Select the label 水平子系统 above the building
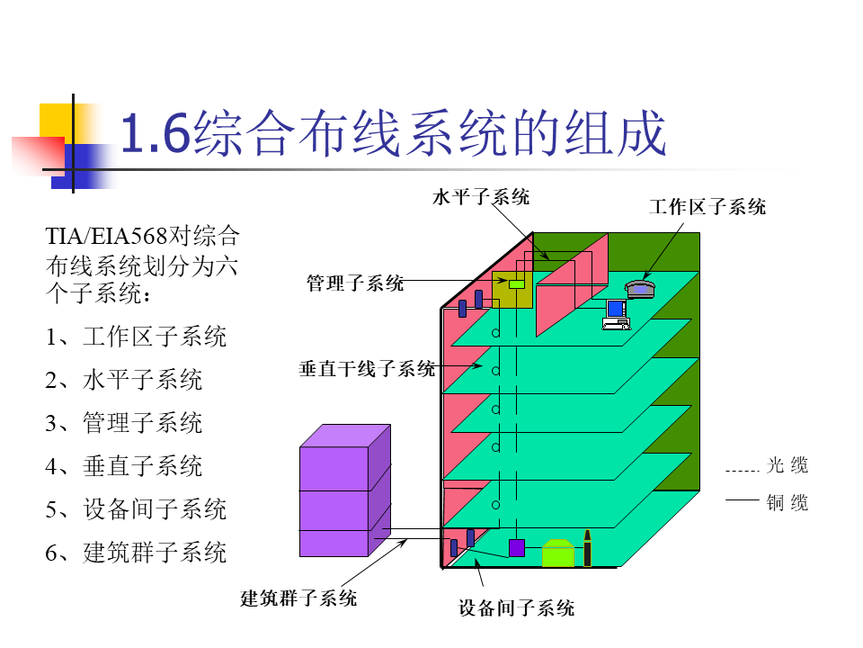coord(481,197)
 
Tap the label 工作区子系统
coord(707,207)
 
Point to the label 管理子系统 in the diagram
coord(355,283)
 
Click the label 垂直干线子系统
coord(367,369)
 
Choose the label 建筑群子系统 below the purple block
coord(298,598)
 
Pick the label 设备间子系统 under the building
coord(517,608)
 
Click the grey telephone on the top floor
coord(642,288)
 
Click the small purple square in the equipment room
coord(517,547)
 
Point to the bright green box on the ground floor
coord(557,553)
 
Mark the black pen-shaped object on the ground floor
coord(587,548)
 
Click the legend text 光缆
coord(787,465)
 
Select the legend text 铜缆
coord(787,503)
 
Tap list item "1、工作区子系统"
coord(136,337)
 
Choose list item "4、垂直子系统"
coord(124,466)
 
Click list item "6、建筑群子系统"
coord(136,552)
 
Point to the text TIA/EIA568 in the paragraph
coord(107,237)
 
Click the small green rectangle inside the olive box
coord(516,284)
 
